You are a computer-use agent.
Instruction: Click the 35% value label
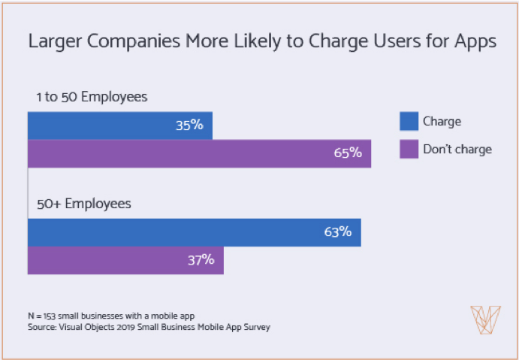point(190,126)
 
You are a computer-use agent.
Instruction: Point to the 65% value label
point(349,153)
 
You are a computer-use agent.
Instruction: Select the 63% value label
point(338,232)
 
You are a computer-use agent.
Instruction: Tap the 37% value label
point(201,260)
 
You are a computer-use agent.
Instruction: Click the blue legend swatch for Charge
point(409,121)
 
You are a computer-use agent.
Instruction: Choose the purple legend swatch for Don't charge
point(409,149)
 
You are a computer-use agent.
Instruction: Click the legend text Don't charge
point(457,149)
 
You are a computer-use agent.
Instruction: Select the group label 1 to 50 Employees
point(91,97)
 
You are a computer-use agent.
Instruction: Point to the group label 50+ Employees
point(83,204)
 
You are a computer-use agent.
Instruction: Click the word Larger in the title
point(54,41)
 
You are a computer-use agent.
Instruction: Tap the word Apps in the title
point(474,41)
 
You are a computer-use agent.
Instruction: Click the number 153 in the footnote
point(51,316)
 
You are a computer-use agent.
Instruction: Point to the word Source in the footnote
point(42,327)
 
